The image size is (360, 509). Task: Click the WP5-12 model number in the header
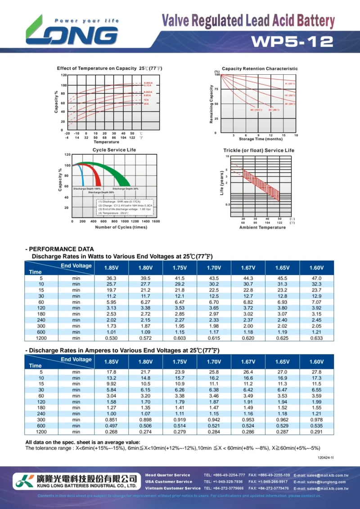click(x=292, y=41)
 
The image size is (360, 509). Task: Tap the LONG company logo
click(x=72, y=32)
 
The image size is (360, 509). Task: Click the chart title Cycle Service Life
click(x=114, y=149)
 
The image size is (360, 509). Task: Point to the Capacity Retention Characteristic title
click(x=260, y=68)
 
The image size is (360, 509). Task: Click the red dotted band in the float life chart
click(x=261, y=185)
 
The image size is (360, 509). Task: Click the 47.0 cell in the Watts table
click(x=316, y=279)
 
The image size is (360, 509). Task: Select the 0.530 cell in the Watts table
click(x=111, y=338)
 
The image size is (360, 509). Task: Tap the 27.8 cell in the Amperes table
click(x=316, y=372)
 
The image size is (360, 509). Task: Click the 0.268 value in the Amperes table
click(x=111, y=431)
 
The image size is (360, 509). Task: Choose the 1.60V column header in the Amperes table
click(x=316, y=361)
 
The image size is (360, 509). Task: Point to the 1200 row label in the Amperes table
click(x=41, y=431)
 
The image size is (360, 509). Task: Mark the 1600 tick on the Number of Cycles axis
click(x=156, y=221)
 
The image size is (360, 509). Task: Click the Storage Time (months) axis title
click(x=261, y=139)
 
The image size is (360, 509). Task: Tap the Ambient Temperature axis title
click(x=262, y=227)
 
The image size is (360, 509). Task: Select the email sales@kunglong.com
click(x=320, y=482)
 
